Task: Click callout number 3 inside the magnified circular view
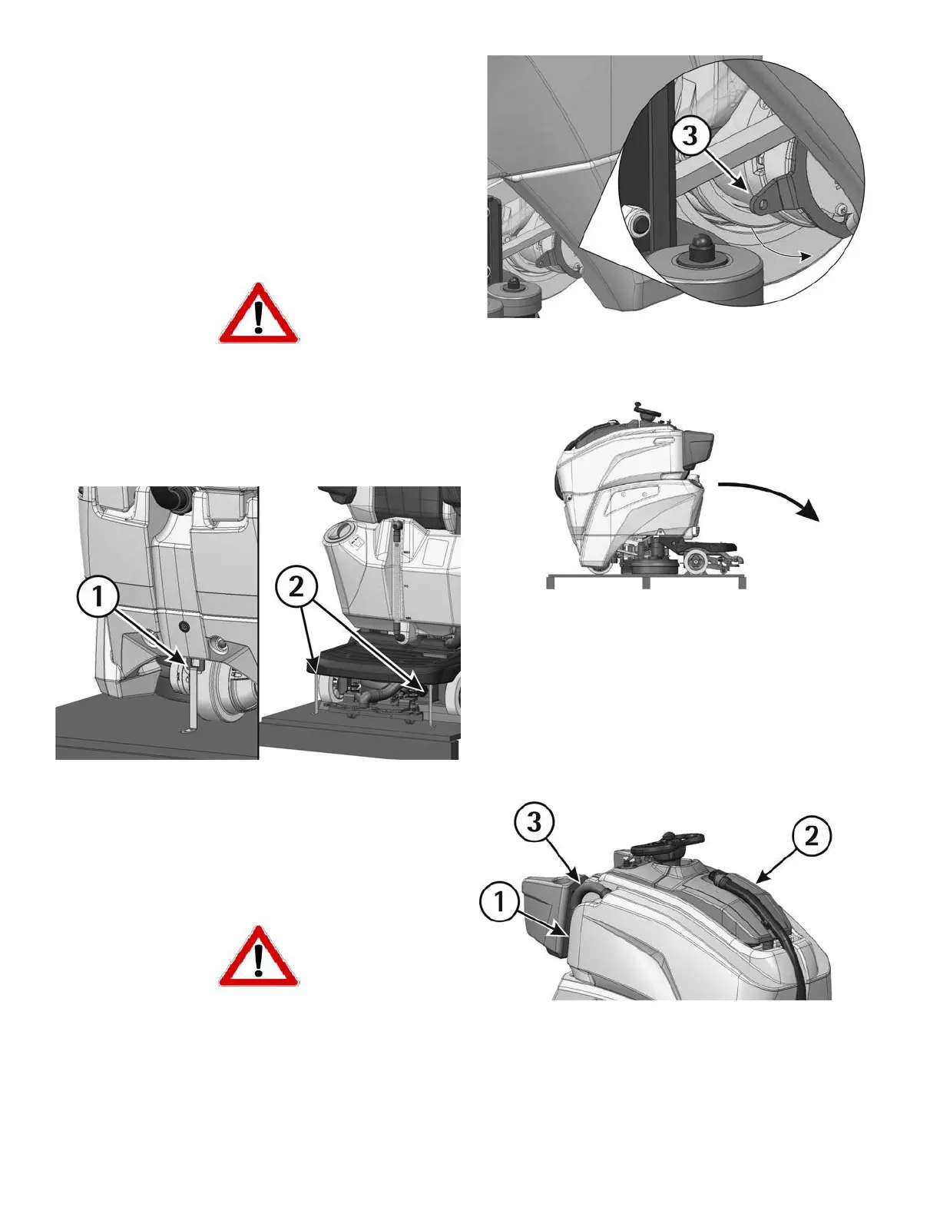(690, 136)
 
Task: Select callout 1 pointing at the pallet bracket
(98, 597)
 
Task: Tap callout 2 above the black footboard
(296, 587)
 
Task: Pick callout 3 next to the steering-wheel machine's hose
(535, 822)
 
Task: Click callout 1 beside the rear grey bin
(500, 902)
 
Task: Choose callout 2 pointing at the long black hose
(811, 837)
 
